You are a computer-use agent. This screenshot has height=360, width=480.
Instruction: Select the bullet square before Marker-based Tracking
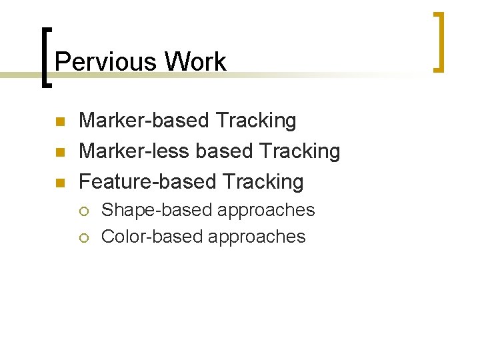(x=59, y=122)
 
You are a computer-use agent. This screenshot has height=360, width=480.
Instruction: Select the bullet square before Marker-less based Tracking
(x=59, y=152)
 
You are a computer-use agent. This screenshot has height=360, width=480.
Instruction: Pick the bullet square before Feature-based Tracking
(x=59, y=182)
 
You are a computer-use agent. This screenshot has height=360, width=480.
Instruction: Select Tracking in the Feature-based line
(x=263, y=181)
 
